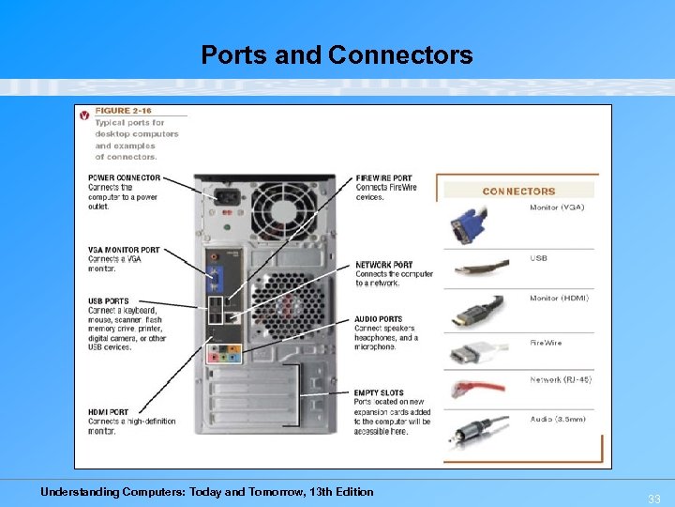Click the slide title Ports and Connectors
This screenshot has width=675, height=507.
point(337,55)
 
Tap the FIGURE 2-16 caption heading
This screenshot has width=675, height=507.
point(124,111)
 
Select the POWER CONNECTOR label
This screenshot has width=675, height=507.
point(124,177)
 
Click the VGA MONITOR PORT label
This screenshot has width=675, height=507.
point(124,250)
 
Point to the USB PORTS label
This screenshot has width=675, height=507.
point(109,301)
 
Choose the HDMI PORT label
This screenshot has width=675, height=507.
point(109,412)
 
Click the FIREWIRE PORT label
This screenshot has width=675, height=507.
point(383,178)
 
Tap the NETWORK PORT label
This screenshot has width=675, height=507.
point(383,265)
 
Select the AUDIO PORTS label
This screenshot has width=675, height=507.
point(379,319)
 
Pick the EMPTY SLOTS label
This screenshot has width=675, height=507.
point(379,392)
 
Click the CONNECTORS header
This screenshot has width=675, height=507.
point(518,192)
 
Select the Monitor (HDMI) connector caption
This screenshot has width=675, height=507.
point(560,298)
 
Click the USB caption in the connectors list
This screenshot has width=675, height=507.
point(538,258)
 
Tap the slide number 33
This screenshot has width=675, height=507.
point(654,499)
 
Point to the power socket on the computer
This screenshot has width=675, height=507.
point(225,198)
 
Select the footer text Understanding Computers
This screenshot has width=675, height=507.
point(206,492)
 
